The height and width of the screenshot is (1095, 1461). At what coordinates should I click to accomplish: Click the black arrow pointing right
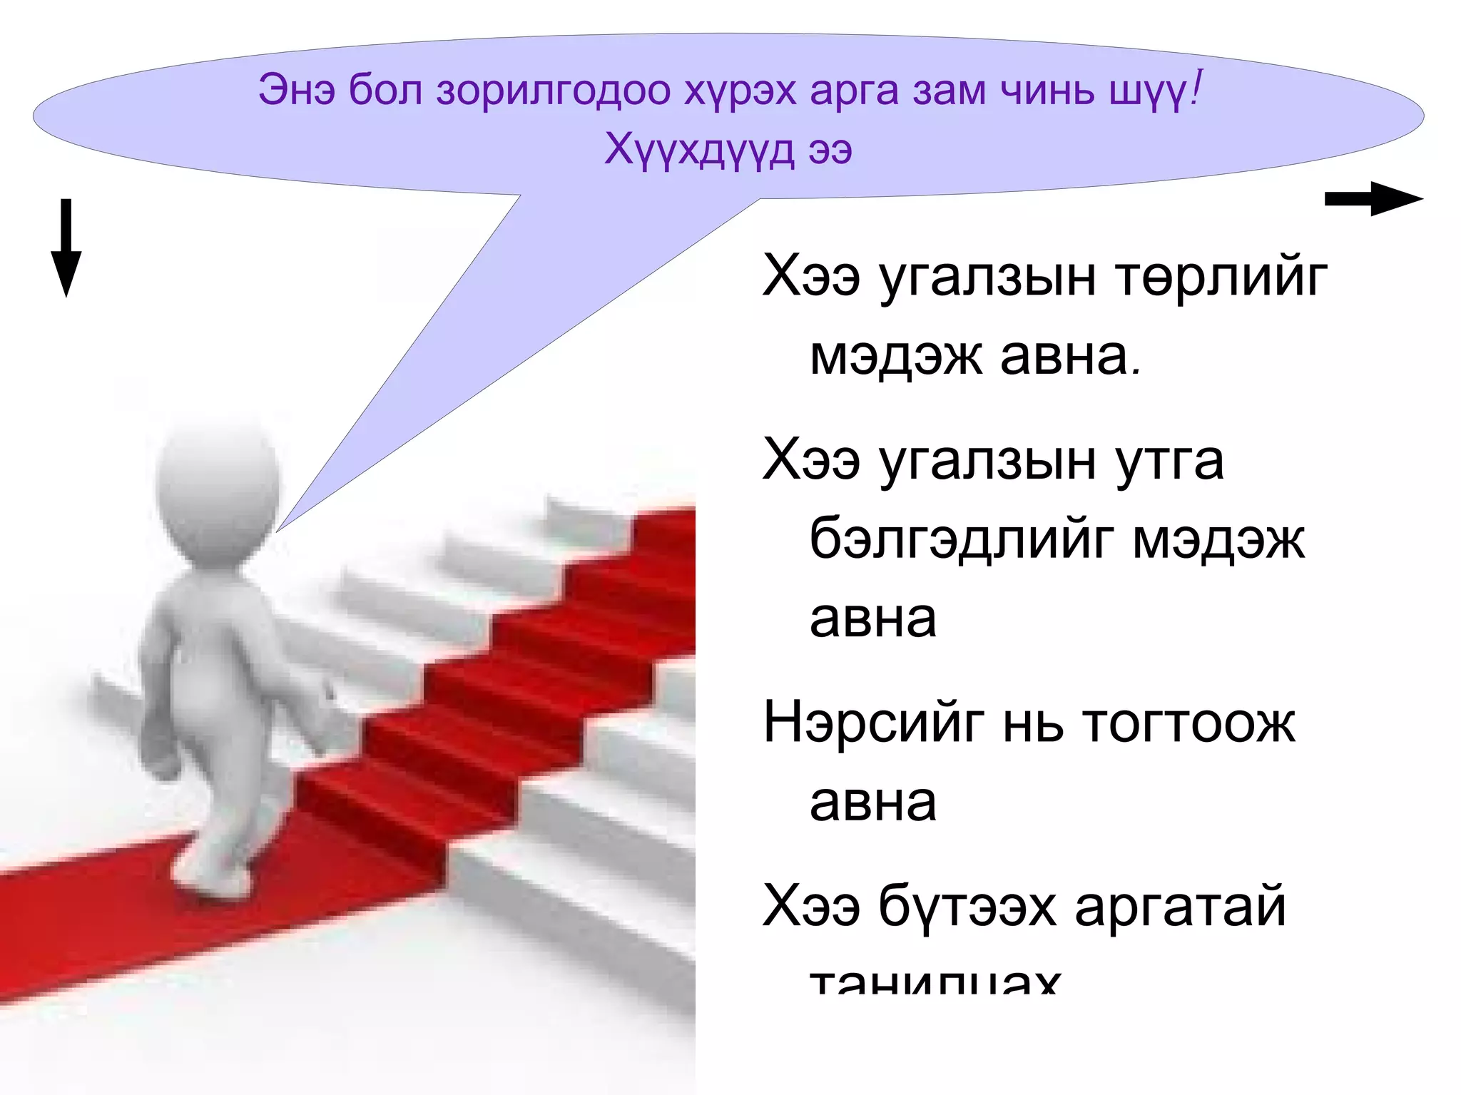coord(1373,199)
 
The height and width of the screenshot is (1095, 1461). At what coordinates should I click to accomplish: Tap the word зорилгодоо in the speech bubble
coord(554,91)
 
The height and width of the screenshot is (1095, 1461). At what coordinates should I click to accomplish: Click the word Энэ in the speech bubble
coord(296,91)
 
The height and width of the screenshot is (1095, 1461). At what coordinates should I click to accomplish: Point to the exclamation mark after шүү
coord(1196,88)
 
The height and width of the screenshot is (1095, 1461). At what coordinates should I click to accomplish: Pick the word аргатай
coord(1180,907)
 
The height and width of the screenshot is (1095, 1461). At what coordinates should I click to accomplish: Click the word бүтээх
coord(967,907)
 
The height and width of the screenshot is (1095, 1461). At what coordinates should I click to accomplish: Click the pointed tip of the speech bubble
coord(278,529)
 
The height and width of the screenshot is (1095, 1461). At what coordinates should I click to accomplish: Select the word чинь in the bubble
coord(1047,91)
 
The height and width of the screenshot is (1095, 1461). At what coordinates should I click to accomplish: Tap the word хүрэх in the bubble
coord(740,91)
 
